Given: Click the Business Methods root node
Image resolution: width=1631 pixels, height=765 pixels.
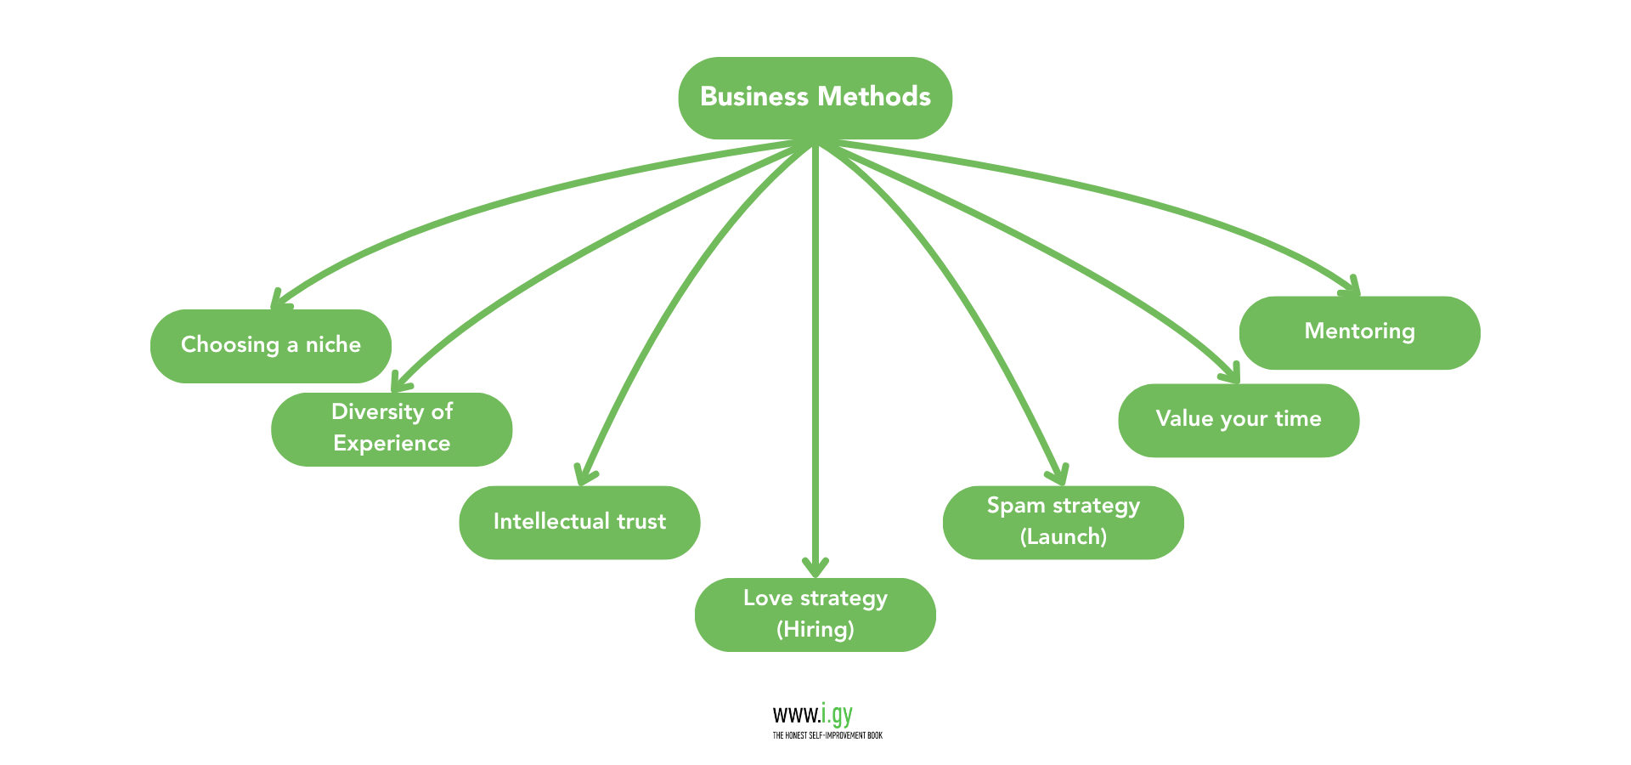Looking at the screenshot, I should coord(815,98).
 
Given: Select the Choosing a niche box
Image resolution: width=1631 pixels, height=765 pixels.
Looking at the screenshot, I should coord(270,345).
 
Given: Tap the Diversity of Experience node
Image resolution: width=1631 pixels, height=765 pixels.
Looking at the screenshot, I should coord(392,428).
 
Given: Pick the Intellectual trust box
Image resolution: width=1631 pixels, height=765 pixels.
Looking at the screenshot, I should coord(579,522).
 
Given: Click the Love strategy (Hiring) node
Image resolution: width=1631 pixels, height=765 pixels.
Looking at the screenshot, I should coord(815,614).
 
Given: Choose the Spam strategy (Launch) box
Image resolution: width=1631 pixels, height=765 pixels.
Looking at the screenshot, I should coord(1063,522).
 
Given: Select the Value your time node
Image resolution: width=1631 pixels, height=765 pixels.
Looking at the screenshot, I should coord(1238,420).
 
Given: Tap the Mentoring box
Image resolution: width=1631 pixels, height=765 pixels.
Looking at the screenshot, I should coord(1359,332).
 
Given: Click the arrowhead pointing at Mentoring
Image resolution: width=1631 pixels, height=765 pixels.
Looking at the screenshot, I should coord(1352,286).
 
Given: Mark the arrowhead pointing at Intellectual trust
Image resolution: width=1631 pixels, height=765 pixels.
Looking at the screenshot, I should coord(584,474).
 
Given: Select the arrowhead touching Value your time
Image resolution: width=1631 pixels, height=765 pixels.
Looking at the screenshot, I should coord(1231,373).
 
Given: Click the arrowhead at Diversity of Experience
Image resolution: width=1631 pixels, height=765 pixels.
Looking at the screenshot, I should coord(399,382).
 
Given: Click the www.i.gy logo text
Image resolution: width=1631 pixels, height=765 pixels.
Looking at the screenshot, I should coord(812,715).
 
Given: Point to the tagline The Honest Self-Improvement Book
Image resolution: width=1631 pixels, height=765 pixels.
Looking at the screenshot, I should coord(827,736).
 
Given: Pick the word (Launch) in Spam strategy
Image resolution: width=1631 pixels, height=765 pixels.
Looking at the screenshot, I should coord(1063,537).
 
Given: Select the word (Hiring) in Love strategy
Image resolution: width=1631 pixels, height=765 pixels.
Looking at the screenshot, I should coord(815,630).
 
